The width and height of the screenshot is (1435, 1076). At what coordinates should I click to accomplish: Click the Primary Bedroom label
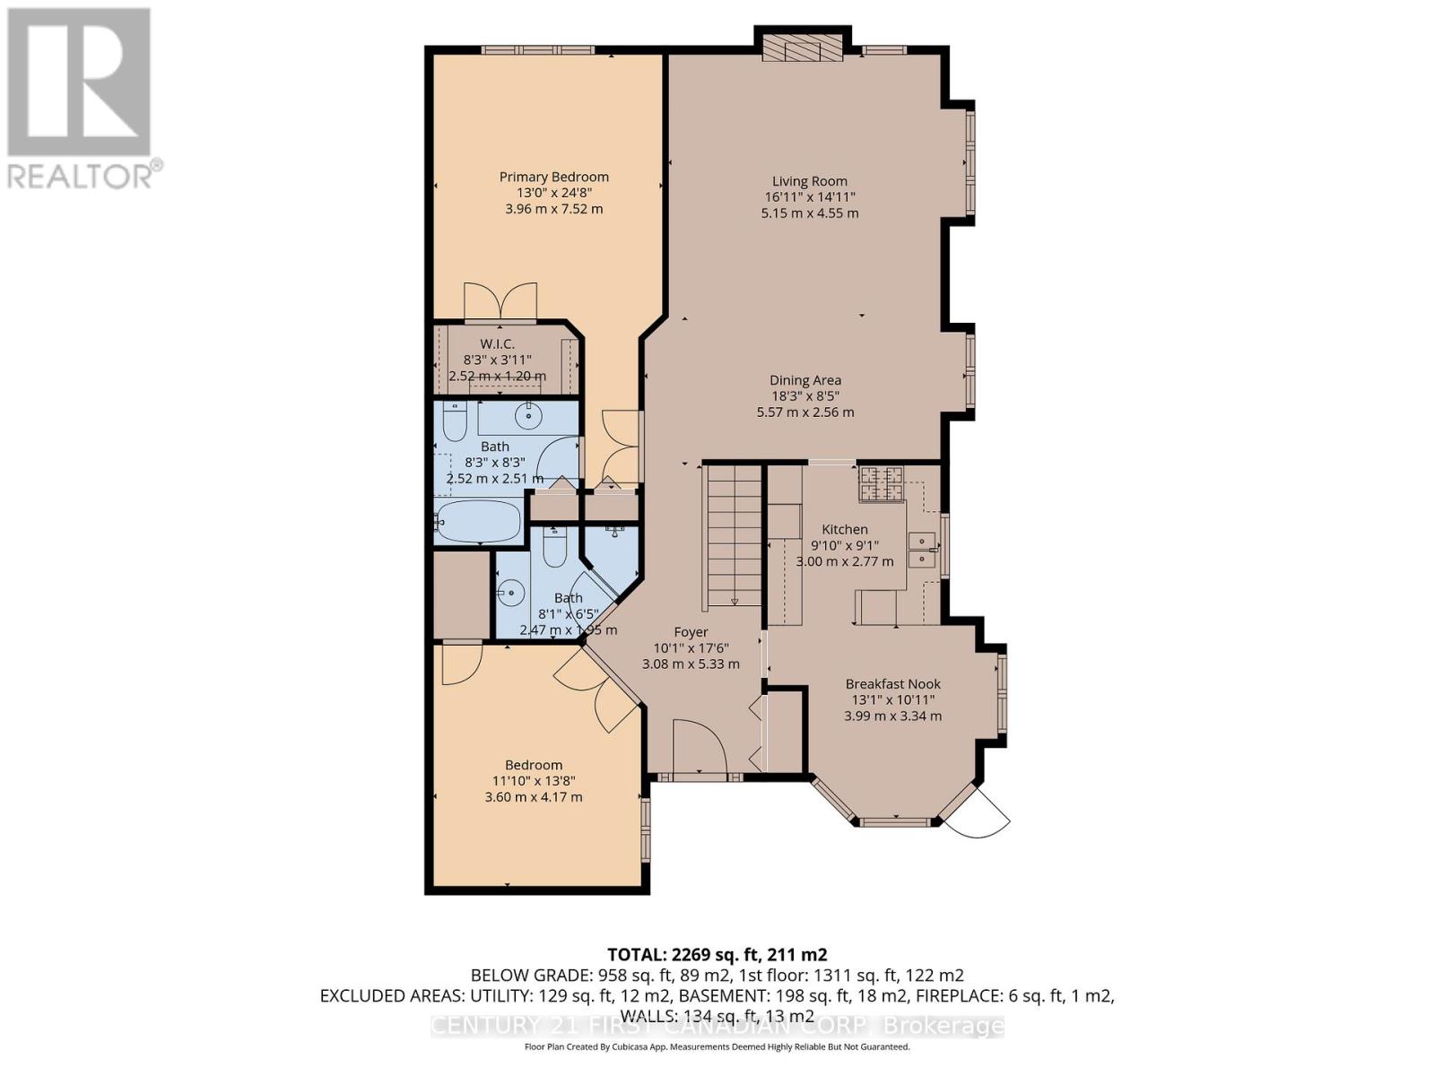pos(553,177)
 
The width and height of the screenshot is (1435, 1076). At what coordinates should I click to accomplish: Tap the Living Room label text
pos(809,181)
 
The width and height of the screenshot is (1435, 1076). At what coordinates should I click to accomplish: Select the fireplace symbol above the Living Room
pos(803,48)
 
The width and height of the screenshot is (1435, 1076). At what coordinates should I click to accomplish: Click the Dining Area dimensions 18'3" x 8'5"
pos(804,396)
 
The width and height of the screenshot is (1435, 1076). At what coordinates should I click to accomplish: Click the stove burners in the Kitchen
pos(881,484)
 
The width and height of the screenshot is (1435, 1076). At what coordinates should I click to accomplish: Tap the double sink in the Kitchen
pos(920,550)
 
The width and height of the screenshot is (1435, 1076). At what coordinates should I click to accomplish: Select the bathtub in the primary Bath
pos(477,521)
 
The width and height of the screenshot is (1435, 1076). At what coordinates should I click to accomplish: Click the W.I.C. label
pos(497,343)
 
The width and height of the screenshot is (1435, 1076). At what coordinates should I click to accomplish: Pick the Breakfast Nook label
pos(892,683)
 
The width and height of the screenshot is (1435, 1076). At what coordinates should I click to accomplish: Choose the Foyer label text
pos(691,632)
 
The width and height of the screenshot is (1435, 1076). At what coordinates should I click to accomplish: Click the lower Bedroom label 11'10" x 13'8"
pos(534,780)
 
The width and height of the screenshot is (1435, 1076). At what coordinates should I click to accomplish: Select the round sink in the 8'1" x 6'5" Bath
pos(511,592)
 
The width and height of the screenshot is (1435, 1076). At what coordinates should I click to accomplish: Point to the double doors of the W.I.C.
pos(500,302)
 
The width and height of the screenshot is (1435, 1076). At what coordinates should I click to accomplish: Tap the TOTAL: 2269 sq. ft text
pos(717,954)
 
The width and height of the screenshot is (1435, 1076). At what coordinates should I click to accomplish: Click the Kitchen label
pos(845,529)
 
